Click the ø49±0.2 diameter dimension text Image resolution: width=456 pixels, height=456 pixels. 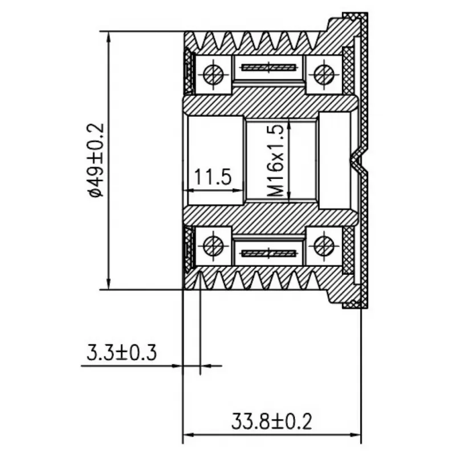click(95, 160)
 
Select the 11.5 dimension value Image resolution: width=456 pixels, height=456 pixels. click(213, 177)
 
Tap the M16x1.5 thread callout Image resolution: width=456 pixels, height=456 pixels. click(275, 161)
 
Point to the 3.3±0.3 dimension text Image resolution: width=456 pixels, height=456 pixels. click(121, 352)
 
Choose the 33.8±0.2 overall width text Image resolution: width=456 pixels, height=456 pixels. click(272, 421)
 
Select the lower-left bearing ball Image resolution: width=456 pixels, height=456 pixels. click(213, 246)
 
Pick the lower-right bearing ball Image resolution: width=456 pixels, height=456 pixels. click(324, 246)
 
